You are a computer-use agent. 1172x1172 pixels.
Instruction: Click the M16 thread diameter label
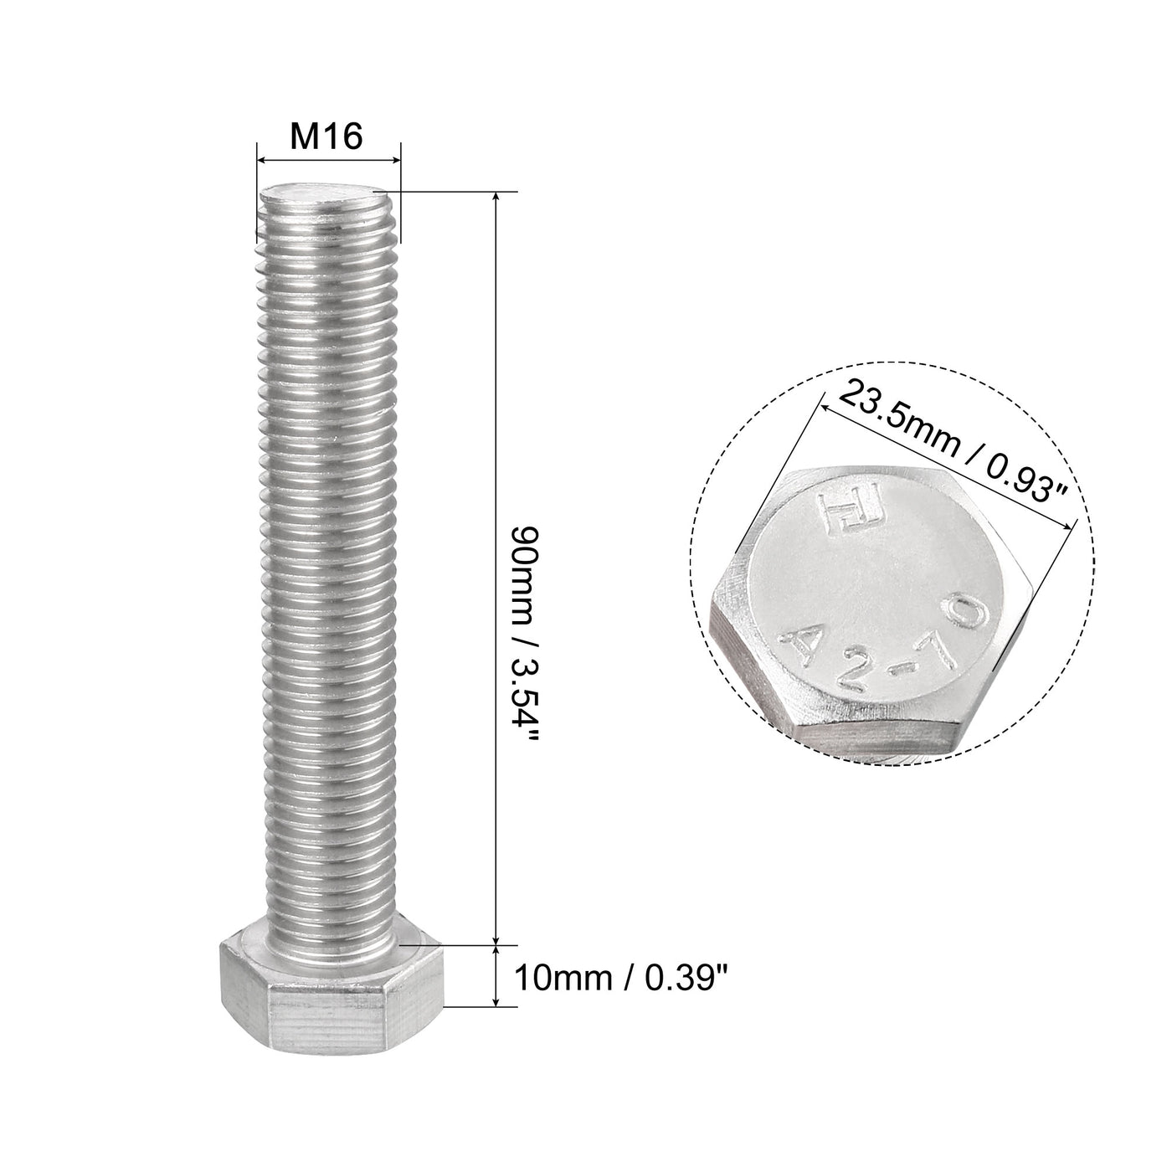326,135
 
